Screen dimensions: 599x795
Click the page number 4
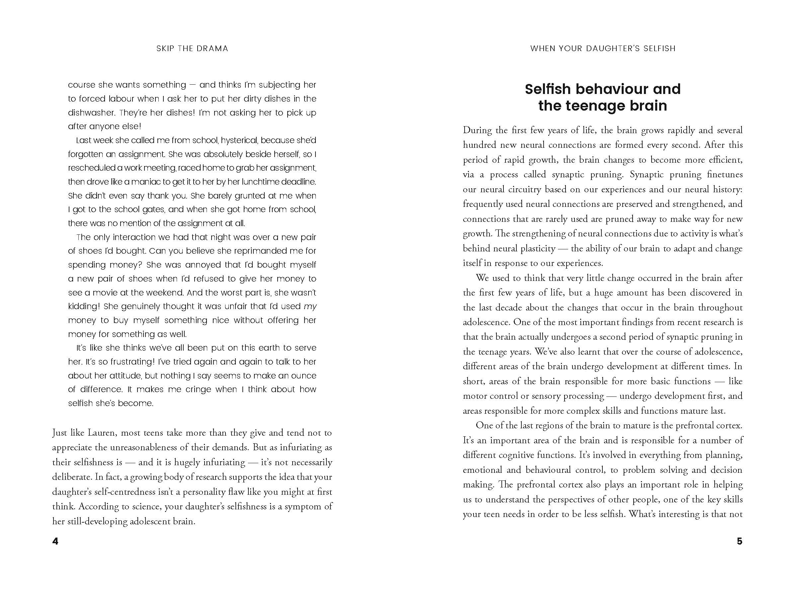click(x=55, y=541)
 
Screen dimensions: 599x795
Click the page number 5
click(x=739, y=541)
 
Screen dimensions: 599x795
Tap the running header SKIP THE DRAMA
click(x=192, y=48)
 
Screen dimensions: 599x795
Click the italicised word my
click(x=310, y=306)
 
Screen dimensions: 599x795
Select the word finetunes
click(x=725, y=175)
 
